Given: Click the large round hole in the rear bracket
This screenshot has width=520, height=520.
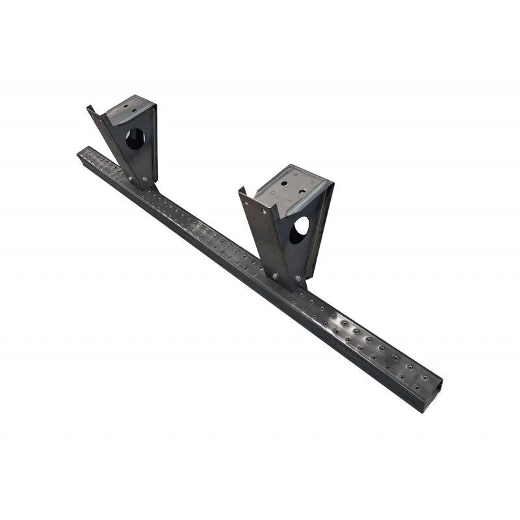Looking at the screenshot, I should (135, 138).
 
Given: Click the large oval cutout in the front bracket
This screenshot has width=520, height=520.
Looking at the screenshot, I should (299, 230).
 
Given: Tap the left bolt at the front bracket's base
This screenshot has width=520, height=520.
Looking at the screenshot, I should (275, 276).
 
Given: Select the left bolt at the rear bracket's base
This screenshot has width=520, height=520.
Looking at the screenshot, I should (129, 177).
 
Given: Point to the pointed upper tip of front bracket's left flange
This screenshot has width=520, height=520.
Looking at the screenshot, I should (240, 189).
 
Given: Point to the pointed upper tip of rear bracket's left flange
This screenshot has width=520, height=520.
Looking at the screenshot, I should (89, 107).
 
